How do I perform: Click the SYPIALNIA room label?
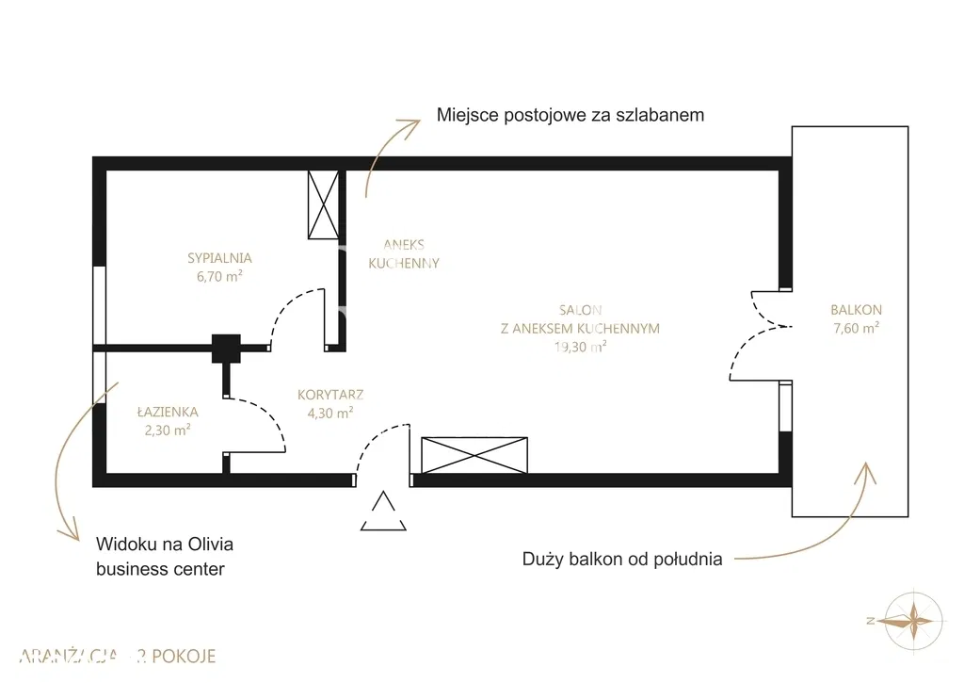pos(219,257)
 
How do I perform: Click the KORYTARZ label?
pos(329,395)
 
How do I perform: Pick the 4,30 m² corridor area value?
pos(329,413)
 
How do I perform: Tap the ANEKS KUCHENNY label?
pos(404,253)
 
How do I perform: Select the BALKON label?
pos(856,309)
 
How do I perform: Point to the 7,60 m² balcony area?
pos(856,328)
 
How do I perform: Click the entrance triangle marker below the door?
pos(383,512)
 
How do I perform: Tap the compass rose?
pos(912,620)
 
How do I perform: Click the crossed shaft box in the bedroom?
pos(323,205)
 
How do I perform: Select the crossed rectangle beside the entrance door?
pos(474,455)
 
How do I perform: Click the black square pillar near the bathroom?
pos(226,349)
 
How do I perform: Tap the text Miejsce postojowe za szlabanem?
pos(570,115)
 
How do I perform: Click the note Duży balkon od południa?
pos(622,559)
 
